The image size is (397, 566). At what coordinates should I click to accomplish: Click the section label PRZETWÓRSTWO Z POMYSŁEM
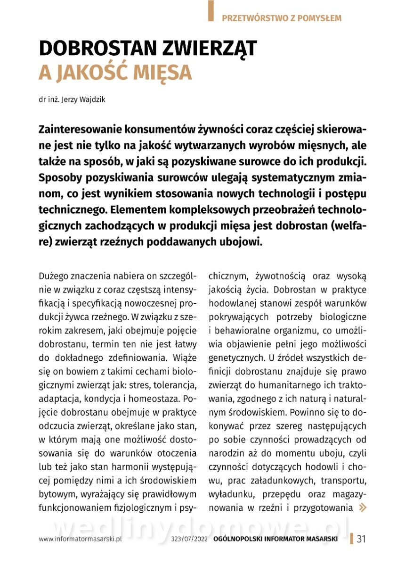click(x=281, y=18)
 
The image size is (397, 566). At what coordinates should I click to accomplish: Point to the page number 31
click(x=362, y=539)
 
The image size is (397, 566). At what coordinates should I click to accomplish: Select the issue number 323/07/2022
click(x=190, y=539)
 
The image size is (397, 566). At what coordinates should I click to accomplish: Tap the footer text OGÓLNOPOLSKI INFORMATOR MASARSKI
click(x=275, y=539)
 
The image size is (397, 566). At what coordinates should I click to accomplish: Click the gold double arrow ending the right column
click(x=362, y=508)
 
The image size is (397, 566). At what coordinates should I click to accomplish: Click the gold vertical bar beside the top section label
click(x=211, y=10)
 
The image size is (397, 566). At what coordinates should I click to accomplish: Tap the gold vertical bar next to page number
click(x=352, y=539)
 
